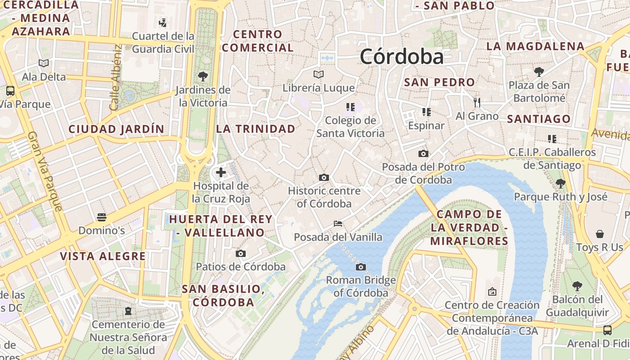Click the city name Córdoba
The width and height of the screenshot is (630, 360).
401,57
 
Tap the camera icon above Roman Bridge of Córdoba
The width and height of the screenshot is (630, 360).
360,267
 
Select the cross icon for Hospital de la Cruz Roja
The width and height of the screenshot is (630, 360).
221,172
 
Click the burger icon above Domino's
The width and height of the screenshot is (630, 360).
102,217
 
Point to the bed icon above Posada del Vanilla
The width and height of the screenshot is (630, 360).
338,224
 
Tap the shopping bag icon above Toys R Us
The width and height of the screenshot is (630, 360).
600,234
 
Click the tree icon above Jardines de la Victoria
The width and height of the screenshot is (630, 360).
203,76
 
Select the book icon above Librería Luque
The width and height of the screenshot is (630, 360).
319,74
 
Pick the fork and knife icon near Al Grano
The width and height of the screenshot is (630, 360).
477,103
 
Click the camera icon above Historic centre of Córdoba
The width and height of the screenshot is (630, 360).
324,177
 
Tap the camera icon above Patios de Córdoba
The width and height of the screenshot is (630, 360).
241,253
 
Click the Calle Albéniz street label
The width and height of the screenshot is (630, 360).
116,77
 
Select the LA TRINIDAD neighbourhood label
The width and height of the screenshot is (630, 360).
256,129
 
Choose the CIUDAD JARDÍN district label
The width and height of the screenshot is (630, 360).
117,129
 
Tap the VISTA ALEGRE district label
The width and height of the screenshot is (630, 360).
103,256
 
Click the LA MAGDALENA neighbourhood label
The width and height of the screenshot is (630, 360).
535,46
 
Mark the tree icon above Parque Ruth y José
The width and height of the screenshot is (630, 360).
561,183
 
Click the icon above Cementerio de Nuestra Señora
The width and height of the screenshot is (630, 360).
128,310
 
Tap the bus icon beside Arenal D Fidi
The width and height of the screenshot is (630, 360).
607,330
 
